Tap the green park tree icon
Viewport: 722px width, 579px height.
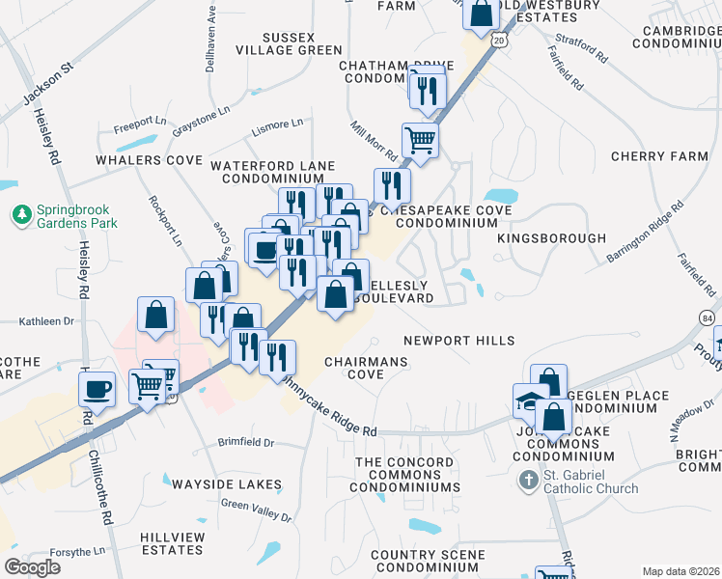click(20, 212)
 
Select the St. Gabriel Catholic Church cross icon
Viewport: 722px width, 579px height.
click(528, 480)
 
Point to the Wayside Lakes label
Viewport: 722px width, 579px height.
click(229, 484)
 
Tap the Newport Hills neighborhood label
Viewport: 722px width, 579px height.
click(458, 341)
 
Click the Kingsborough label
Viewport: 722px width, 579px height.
click(551, 238)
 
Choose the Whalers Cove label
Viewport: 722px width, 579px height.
click(148, 159)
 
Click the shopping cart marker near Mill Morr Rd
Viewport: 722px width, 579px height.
click(420, 139)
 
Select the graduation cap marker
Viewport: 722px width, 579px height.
click(530, 400)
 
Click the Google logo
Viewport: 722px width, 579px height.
click(32, 567)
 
